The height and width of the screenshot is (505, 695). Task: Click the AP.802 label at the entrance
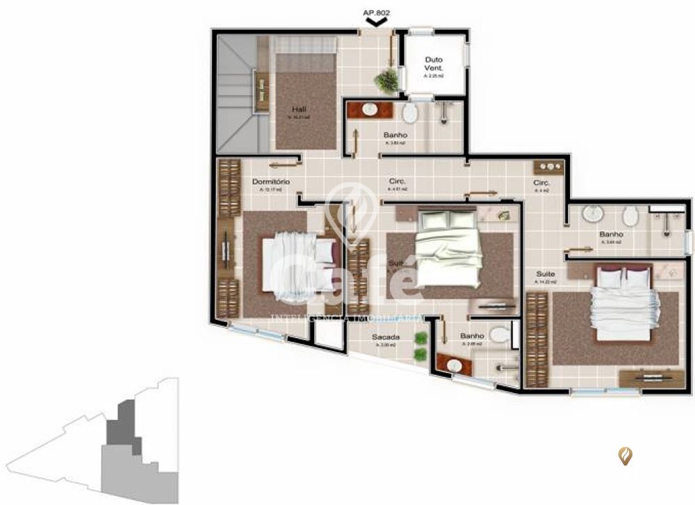click(375, 12)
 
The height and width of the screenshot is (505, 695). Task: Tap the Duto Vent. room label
click(434, 64)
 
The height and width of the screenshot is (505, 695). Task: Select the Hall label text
click(300, 109)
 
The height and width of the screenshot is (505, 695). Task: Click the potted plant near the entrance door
click(385, 81)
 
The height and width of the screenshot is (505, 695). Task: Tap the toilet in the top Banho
click(410, 113)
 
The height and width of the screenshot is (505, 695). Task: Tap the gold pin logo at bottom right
click(625, 456)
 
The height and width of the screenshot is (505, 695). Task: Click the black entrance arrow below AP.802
click(376, 23)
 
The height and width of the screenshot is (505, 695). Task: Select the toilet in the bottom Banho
click(499, 335)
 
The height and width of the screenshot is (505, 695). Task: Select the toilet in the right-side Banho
click(630, 216)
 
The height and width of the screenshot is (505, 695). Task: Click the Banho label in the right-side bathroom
click(611, 234)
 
